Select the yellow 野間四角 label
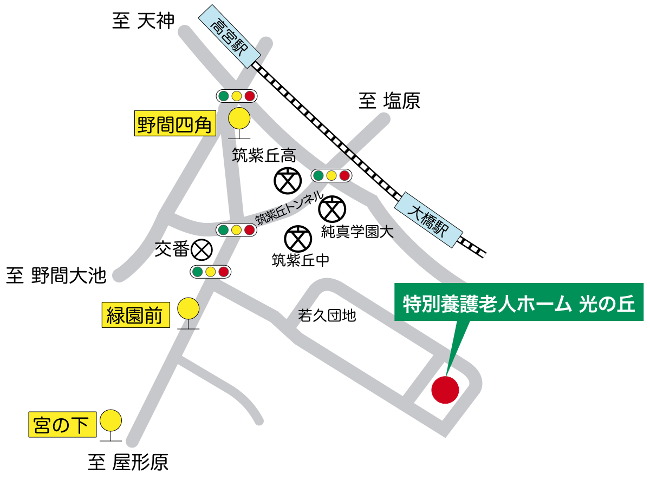[x=174, y=126]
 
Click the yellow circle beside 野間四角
[x=239, y=118]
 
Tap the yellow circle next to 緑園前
[x=188, y=309]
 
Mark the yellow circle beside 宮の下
[x=110, y=420]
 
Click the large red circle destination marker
[x=445, y=390]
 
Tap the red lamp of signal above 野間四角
[x=249, y=96]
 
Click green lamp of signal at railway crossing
[x=318, y=176]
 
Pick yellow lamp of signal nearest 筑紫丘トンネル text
[x=236, y=230]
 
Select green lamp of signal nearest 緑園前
[x=198, y=272]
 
